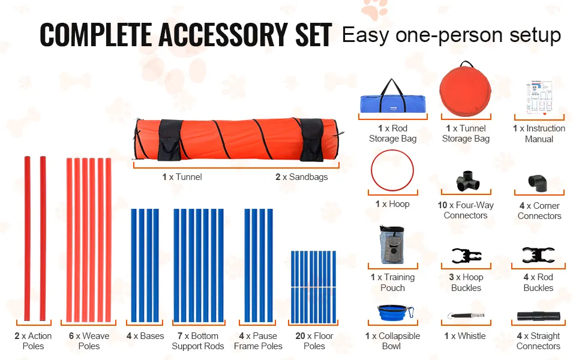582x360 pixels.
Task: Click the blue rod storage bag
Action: [392, 100]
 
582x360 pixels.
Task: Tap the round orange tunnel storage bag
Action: [465, 90]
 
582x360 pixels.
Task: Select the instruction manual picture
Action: [539, 98]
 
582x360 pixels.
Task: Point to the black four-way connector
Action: [467, 181]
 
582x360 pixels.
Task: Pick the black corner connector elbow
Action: [538, 184]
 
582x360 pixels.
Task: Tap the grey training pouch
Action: [392, 245]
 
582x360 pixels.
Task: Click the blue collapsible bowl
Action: [395, 313]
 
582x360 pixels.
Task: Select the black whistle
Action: [466, 316]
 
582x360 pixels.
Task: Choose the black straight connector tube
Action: [539, 316]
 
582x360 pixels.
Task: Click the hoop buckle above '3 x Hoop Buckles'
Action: [467, 256]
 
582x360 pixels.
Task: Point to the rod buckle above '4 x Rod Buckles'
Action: [538, 255]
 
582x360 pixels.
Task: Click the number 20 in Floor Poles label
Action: [300, 336]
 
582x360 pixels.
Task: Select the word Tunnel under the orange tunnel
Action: [189, 177]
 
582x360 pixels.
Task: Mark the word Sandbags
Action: [308, 177]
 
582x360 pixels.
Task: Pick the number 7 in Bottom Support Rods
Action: [180, 336]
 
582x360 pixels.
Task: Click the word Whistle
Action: [472, 336]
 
